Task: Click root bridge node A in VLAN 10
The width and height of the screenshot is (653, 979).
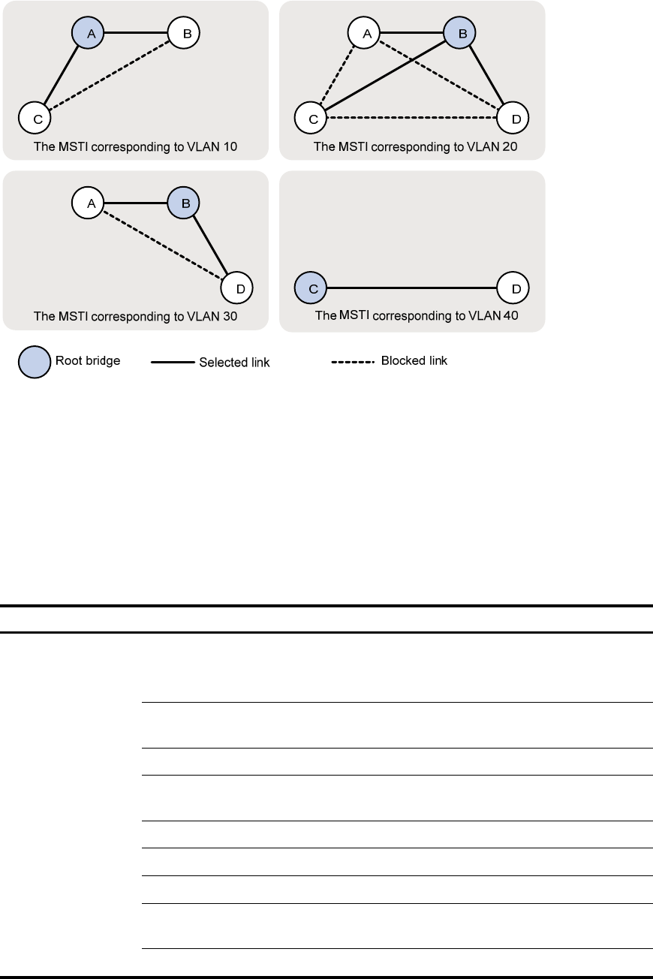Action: point(88,33)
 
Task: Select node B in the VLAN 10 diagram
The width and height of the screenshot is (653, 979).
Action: point(184,33)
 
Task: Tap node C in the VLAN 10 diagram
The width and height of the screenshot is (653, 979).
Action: point(35,118)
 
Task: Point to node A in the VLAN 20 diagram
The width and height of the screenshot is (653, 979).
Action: point(363,33)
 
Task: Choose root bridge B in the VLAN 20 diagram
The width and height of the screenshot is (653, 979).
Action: point(459,33)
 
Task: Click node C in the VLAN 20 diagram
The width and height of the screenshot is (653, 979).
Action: point(311,118)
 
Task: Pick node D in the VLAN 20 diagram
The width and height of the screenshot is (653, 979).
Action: point(513,118)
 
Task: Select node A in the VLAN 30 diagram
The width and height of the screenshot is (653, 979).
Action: point(88,203)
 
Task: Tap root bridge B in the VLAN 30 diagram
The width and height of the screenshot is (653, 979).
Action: point(184,203)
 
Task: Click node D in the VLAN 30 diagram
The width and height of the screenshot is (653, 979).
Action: point(237,288)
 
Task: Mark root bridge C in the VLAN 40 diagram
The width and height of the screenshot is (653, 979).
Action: point(311,288)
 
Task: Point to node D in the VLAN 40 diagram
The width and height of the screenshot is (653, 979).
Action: point(513,288)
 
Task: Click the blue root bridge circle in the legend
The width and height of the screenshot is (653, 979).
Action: point(35,363)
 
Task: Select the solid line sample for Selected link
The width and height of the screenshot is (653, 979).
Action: point(173,363)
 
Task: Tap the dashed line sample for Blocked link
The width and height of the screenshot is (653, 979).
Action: point(353,362)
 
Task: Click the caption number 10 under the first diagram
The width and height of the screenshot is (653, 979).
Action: point(230,147)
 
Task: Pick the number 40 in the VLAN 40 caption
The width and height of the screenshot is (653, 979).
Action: point(510,315)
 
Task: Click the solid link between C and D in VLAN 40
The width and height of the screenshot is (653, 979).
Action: point(412,288)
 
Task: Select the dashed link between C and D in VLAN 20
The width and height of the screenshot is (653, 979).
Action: point(412,118)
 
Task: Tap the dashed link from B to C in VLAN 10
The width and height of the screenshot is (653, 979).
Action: point(110,75)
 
